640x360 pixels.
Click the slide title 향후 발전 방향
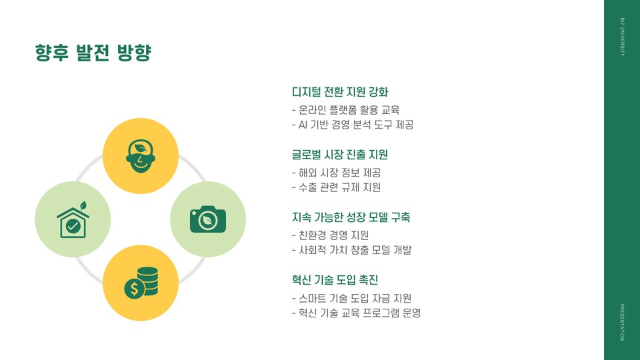93,53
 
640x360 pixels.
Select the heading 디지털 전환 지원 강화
340,91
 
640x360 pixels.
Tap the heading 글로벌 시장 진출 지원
340,155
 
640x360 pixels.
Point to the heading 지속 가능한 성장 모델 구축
351,217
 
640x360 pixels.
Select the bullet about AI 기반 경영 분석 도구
353,125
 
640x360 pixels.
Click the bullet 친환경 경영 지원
331,235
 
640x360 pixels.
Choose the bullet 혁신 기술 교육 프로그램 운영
356,313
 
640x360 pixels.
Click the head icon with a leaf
140,156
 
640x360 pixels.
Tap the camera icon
208,219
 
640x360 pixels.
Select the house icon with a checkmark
73,219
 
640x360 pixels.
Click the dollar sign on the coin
134,289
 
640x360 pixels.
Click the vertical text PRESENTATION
622,322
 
